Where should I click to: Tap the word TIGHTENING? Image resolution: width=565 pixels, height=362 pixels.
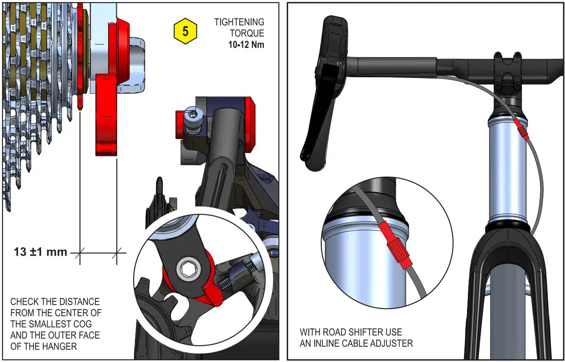tap(239, 22)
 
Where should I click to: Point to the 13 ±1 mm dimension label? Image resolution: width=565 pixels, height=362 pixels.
tap(40, 252)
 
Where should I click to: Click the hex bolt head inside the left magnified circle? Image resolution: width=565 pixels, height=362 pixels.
tap(187, 269)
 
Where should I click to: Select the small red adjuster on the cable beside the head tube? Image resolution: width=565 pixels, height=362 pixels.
tap(521, 130)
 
